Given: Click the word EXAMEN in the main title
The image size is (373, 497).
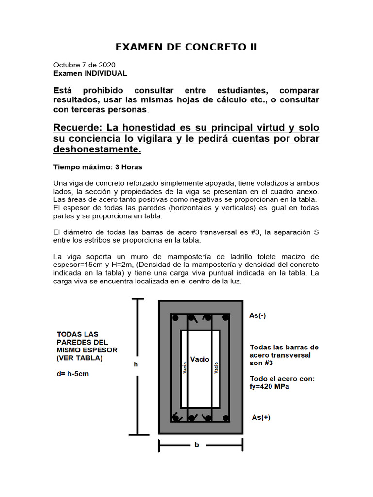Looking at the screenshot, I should pos(136,47).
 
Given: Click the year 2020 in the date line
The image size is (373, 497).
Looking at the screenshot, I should pos(107,65).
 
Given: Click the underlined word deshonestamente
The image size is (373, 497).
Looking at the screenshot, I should pos(97,149).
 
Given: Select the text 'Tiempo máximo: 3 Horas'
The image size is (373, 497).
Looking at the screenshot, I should pos(98,167).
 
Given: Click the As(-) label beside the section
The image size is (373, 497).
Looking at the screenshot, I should pos(257,315).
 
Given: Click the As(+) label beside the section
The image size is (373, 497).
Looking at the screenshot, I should pos(261,417).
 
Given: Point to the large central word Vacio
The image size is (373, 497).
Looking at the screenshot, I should pos(200,359).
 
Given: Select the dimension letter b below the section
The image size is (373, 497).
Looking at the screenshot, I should pos(197,445).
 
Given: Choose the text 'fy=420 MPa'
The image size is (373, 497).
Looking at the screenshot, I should pos(270,387).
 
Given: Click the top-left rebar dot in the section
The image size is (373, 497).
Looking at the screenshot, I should pos(176,318).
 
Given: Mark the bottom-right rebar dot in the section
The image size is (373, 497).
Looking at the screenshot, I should pos(225,418).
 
